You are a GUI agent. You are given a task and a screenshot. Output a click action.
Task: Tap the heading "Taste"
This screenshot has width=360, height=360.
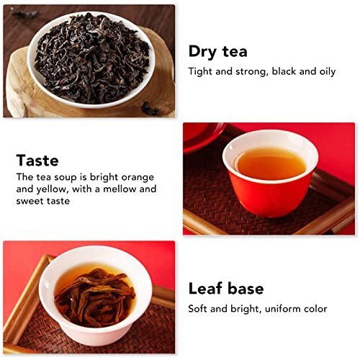(37, 160)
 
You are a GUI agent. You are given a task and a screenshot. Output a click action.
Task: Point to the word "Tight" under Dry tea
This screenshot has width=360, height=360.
(201, 71)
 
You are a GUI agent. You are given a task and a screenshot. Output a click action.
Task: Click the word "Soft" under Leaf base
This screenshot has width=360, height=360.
(199, 309)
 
